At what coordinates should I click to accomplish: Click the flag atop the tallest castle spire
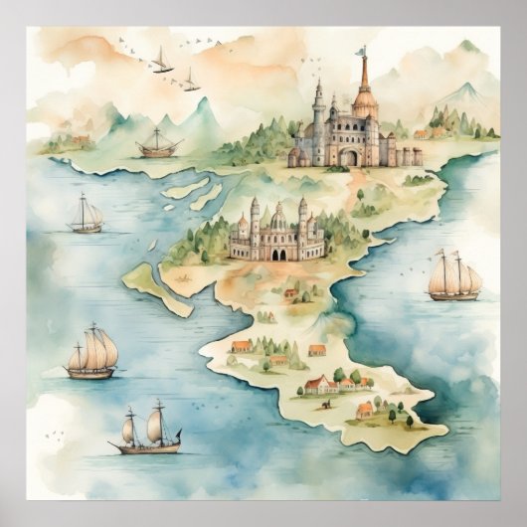click(362, 50)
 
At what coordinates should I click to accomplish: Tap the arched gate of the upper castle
click(349, 157)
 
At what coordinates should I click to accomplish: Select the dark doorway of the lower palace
click(277, 254)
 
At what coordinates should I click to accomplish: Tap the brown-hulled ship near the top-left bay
click(158, 145)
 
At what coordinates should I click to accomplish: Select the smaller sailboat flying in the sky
click(189, 81)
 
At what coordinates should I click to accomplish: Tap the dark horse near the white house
click(326, 404)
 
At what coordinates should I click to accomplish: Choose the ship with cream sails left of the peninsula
click(92, 353)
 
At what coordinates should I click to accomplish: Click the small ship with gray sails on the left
click(87, 215)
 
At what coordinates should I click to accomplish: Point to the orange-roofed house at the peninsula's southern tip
click(365, 410)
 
